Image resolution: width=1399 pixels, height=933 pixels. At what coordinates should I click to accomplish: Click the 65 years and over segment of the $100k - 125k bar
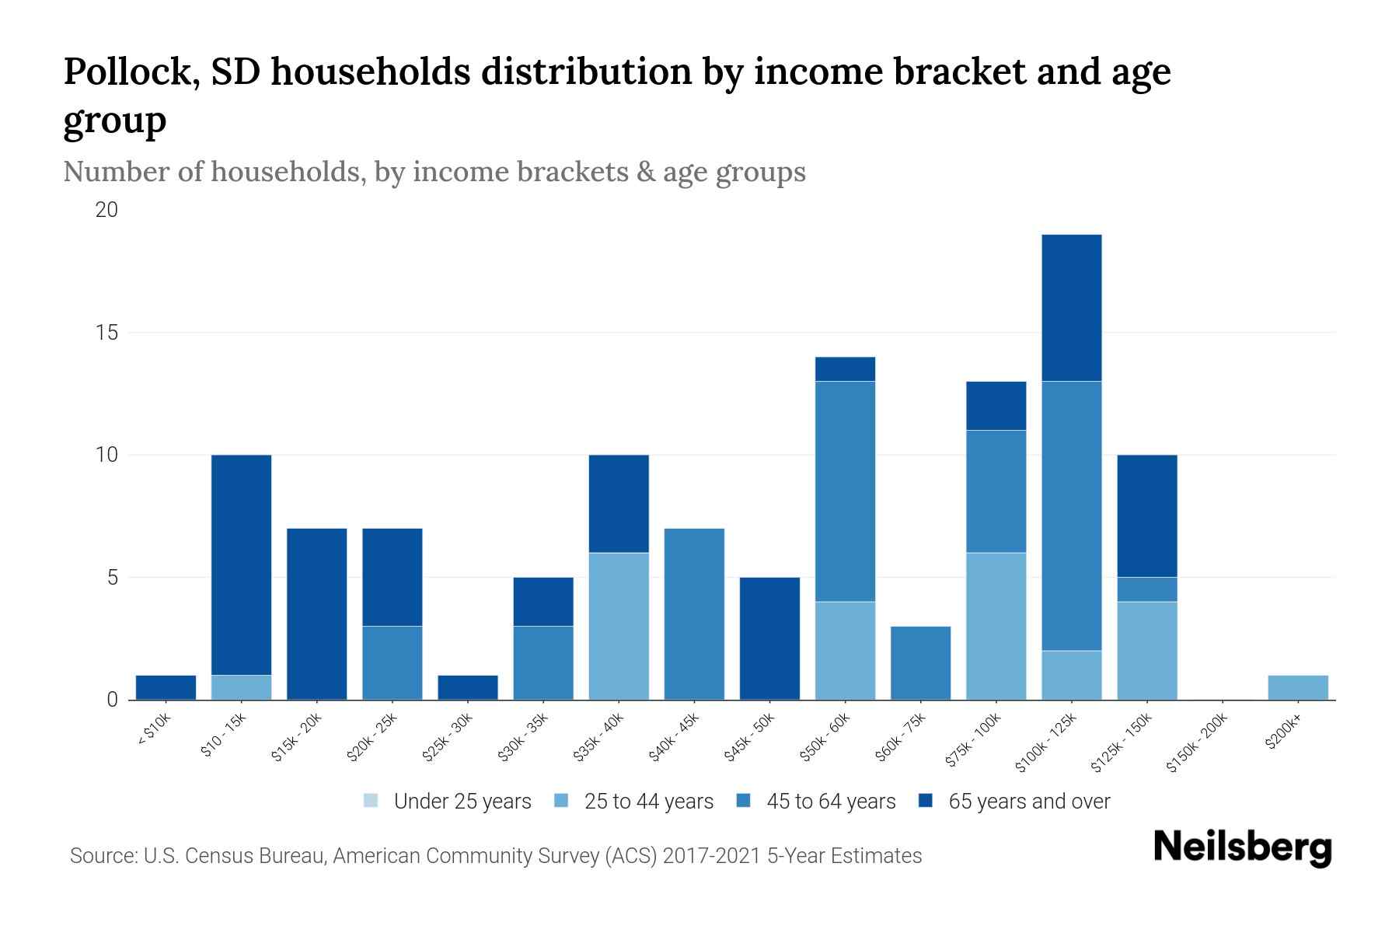point(1072,308)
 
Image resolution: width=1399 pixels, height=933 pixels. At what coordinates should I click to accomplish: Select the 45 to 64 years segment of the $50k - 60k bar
point(845,491)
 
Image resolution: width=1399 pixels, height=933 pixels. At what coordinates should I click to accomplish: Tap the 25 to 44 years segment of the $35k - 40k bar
point(619,626)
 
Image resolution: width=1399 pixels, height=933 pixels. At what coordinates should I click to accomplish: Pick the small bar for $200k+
point(1298,687)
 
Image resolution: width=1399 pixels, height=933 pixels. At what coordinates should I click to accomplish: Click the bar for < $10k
point(166,687)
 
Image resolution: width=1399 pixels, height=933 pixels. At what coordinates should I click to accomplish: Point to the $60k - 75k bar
point(920,662)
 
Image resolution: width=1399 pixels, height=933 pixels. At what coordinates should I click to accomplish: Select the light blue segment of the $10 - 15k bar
point(241,687)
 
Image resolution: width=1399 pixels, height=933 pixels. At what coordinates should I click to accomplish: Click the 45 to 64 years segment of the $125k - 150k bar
point(1146,589)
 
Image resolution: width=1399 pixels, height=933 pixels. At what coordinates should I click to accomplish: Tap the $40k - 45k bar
point(694,614)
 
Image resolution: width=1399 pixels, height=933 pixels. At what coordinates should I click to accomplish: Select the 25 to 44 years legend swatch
point(562,801)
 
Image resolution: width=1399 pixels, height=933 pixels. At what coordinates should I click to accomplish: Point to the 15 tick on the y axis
point(107,333)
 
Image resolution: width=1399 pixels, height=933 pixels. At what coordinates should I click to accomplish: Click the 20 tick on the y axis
point(107,210)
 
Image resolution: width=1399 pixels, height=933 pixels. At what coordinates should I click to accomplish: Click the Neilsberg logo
point(1242,847)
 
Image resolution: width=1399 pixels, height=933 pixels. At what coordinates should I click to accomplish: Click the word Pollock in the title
point(122,72)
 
